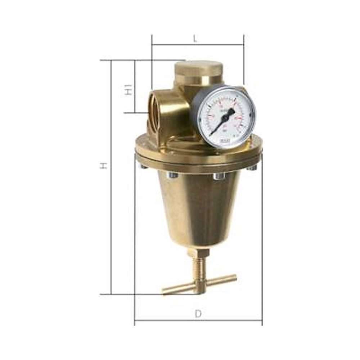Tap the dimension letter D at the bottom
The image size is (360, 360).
198,314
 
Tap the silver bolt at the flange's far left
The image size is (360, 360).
143,167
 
